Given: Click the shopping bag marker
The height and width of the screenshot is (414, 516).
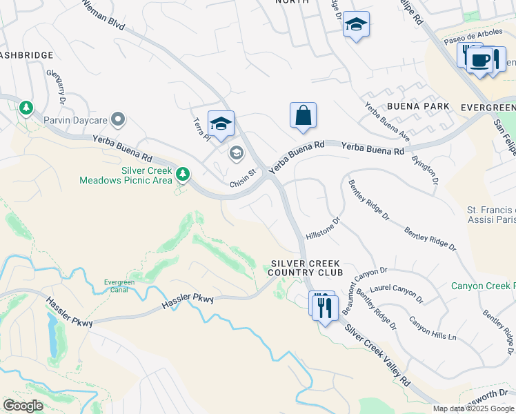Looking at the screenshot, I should click(x=304, y=116).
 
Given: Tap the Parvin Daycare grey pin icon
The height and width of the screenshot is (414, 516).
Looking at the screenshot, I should click(x=118, y=119).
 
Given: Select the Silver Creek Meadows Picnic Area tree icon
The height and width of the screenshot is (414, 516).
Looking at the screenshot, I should click(x=183, y=174).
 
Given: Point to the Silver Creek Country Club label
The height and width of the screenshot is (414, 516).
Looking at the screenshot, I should click(x=306, y=268).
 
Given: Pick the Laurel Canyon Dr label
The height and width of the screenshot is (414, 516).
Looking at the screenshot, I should click(x=396, y=293).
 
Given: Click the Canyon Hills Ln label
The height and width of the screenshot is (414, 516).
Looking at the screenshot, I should click(x=433, y=328).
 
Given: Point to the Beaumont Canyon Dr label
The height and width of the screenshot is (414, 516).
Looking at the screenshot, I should click(x=366, y=284).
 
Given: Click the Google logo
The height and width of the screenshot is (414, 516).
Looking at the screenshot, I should click(x=23, y=406).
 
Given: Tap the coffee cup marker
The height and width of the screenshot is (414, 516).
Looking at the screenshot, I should click(x=480, y=60).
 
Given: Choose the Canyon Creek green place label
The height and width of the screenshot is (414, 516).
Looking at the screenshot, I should click(x=483, y=286).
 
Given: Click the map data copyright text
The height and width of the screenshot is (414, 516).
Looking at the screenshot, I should click(x=474, y=408).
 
